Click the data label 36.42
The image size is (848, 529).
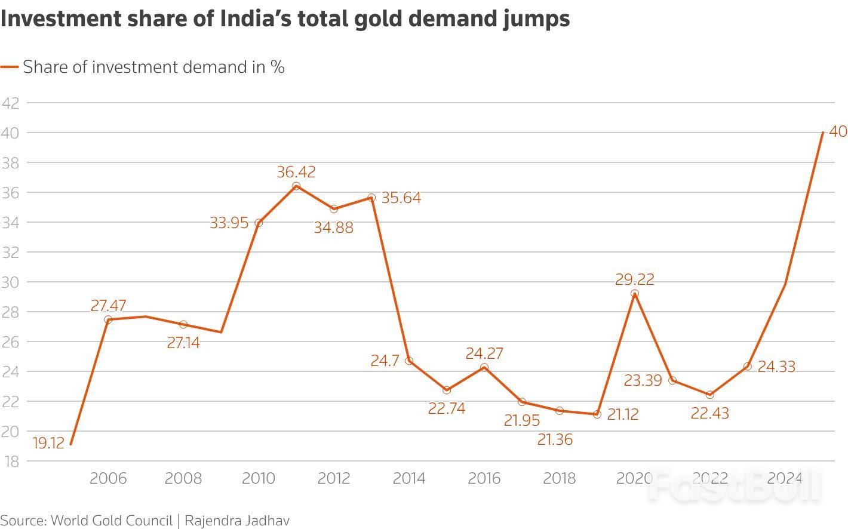point(296,172)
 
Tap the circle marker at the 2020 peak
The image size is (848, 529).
point(635,294)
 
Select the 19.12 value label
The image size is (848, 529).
point(48,444)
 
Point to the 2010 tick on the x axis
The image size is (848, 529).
point(259,478)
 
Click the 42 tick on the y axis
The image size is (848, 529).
point(10,103)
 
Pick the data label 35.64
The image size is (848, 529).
point(401,198)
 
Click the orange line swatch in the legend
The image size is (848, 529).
point(10,67)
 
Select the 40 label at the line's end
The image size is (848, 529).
point(838,131)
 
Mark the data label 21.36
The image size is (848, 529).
point(555,440)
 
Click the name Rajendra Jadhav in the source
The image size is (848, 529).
point(237,520)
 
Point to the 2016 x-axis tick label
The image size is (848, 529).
point(484,478)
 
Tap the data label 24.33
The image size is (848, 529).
point(776,367)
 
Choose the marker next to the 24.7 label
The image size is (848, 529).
point(409,361)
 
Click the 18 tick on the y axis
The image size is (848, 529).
point(10,462)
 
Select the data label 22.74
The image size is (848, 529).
point(447,408)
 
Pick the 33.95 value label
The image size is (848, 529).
point(229,223)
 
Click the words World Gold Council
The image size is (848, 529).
point(112,520)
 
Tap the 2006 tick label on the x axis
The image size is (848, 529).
point(108,478)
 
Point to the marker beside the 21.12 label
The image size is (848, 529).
point(597,414)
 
